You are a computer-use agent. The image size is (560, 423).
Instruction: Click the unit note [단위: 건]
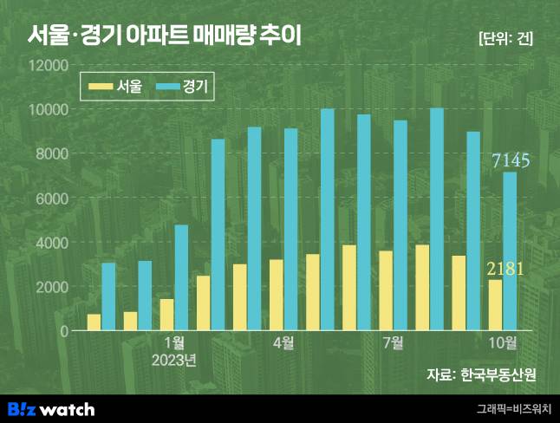pyautogui.click(x=505, y=39)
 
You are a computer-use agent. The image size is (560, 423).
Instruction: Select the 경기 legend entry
pyautogui.click(x=184, y=86)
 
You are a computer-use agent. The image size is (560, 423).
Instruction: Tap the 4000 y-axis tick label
pyautogui.click(x=51, y=242)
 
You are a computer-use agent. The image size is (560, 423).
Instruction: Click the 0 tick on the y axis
pyautogui.click(x=62, y=330)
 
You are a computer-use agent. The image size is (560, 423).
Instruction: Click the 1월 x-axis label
pyautogui.click(x=173, y=342)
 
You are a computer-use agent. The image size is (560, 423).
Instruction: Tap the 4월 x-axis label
pyautogui.click(x=283, y=342)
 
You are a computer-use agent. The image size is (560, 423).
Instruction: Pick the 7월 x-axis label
pyautogui.click(x=393, y=342)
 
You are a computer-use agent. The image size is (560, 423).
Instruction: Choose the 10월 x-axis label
pyautogui.click(x=503, y=342)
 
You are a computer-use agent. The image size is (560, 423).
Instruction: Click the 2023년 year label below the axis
pyautogui.click(x=173, y=359)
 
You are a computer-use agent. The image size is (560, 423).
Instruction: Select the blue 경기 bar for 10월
pyautogui.click(x=510, y=251)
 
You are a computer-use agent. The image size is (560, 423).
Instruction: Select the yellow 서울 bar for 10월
pyautogui.click(x=495, y=305)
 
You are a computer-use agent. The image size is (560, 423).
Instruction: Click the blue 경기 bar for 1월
pyautogui.click(x=180, y=277)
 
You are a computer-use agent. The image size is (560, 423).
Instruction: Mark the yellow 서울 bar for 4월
pyautogui.click(x=276, y=295)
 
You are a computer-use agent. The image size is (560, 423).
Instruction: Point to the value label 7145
pyautogui.click(x=511, y=160)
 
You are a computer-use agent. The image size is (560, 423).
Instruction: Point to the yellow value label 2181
pyautogui.click(x=505, y=268)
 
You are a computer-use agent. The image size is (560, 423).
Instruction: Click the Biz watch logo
pyautogui.click(x=50, y=409)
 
